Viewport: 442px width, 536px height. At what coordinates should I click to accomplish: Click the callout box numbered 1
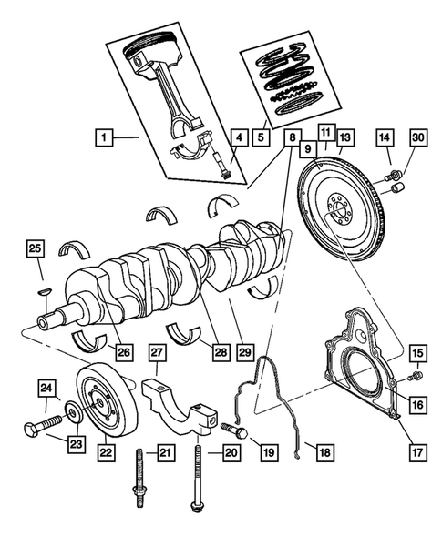point(105,138)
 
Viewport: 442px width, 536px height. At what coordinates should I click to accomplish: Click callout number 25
point(35,248)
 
